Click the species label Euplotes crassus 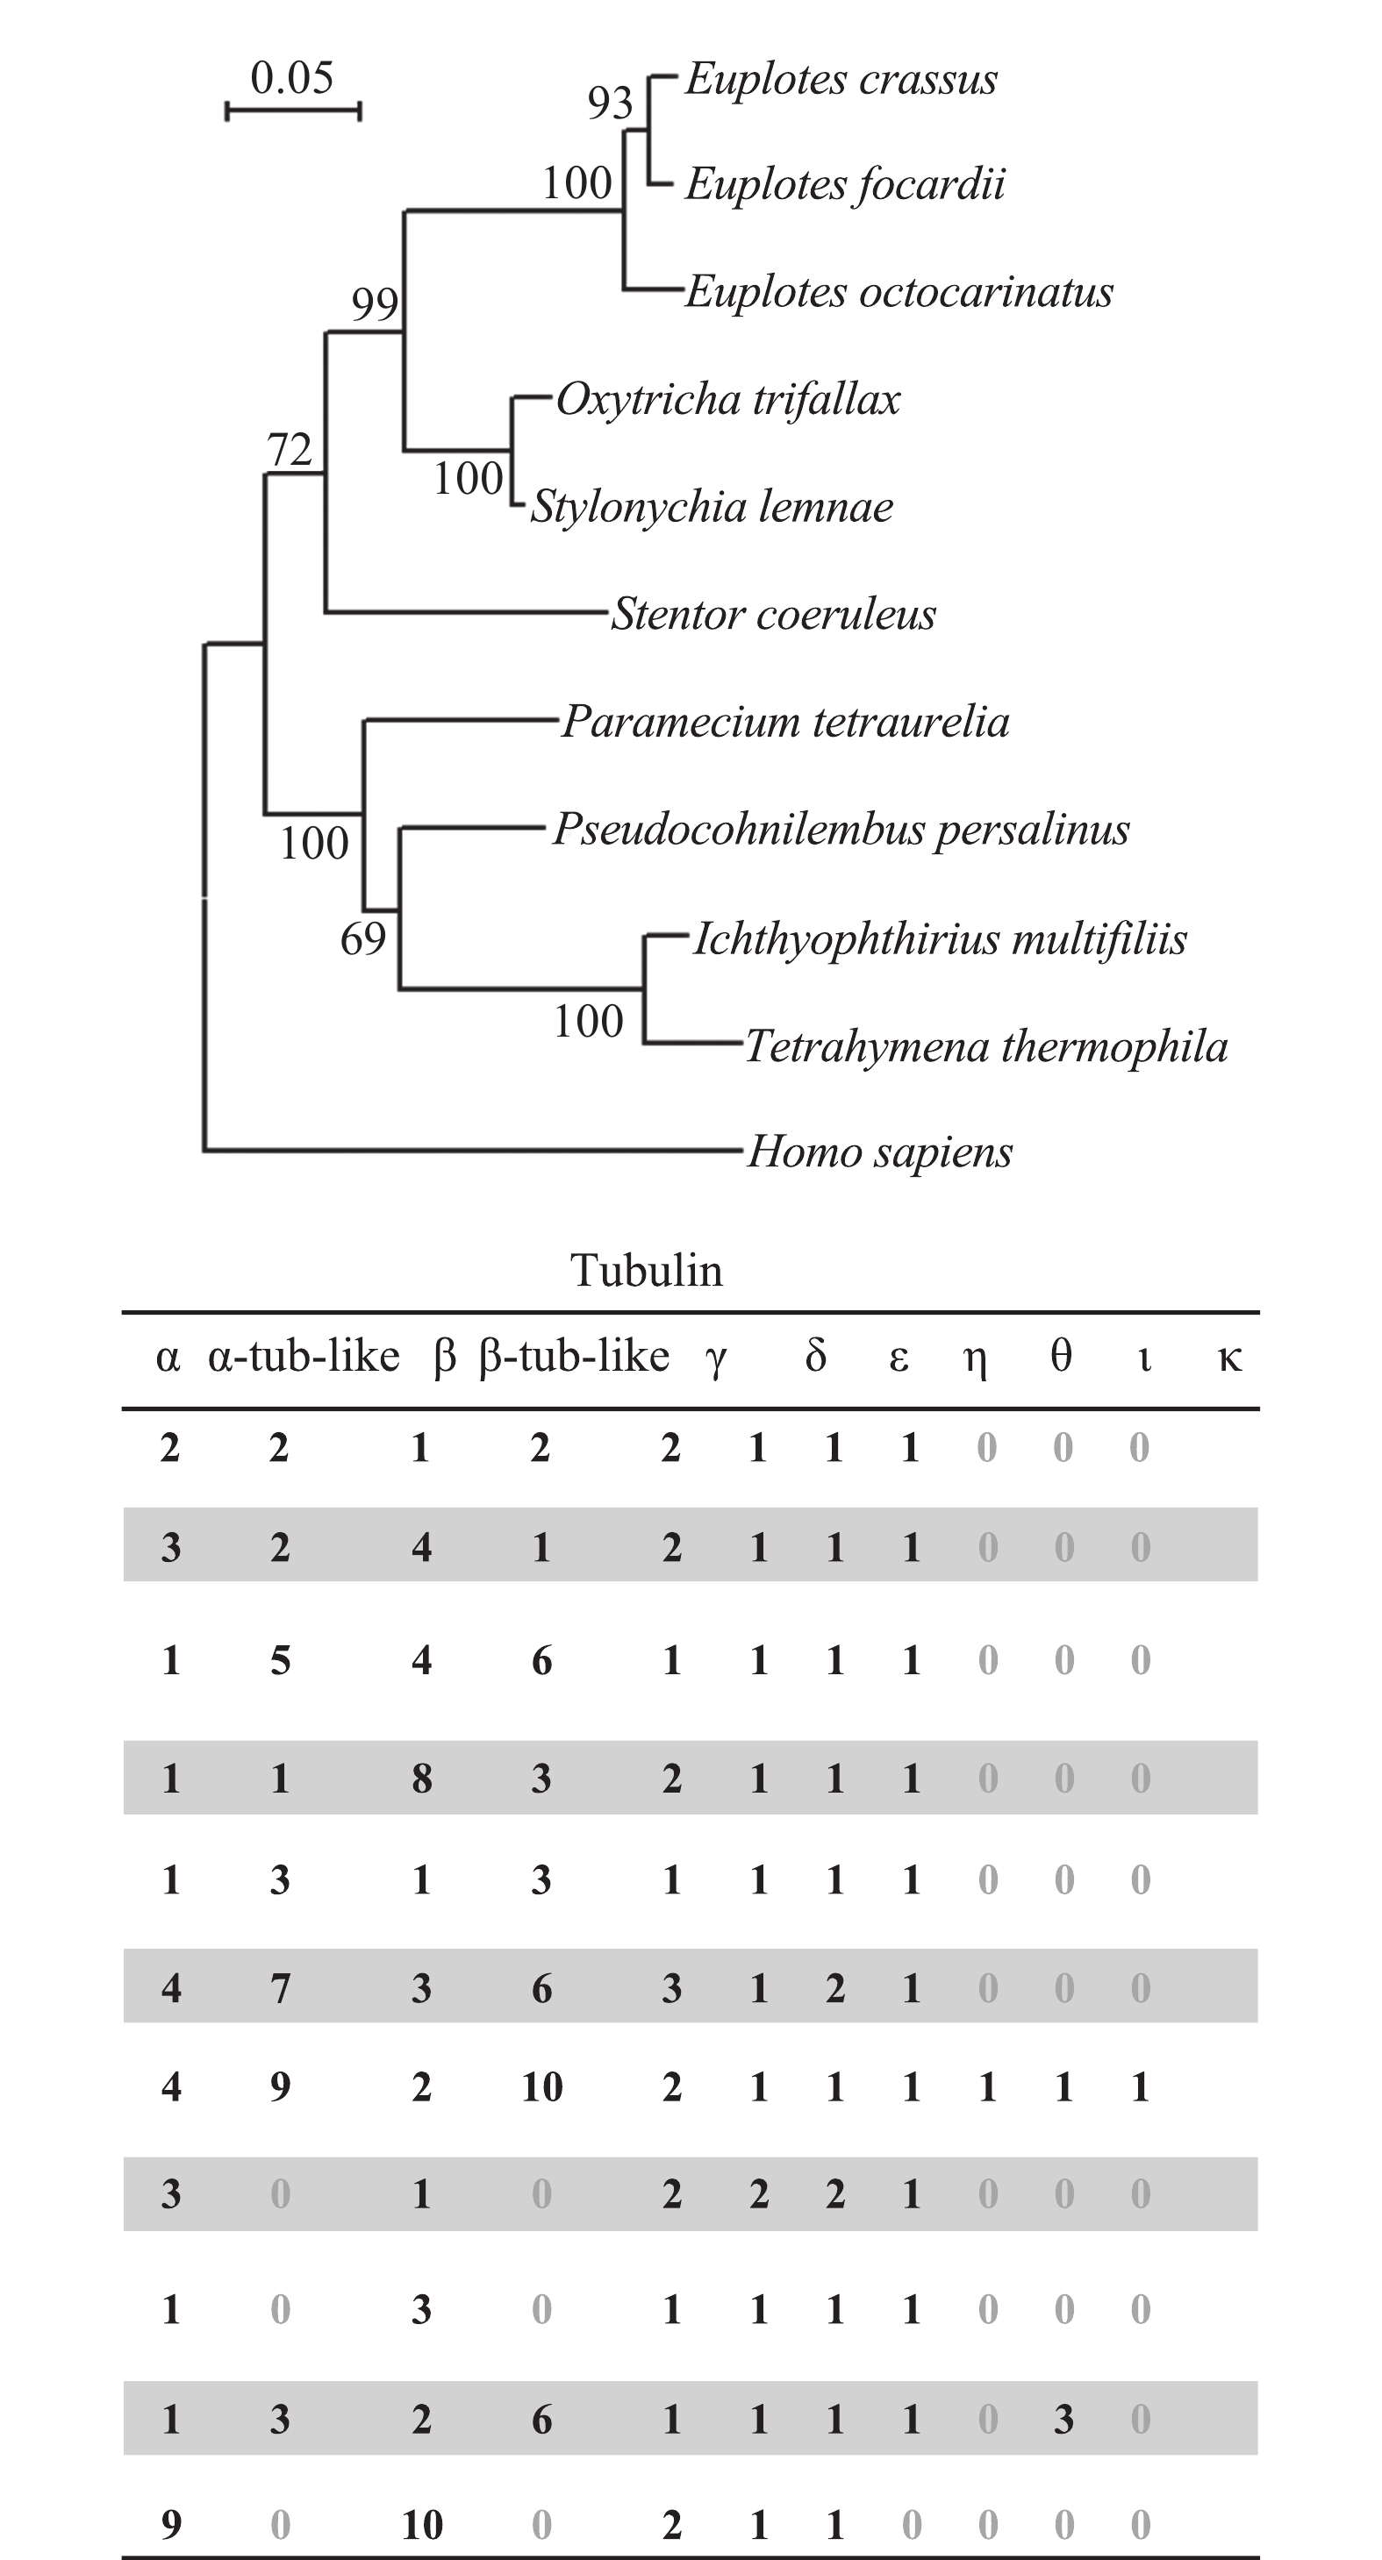coord(841,81)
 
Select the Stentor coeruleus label coord(774,614)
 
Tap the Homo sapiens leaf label coord(880,1152)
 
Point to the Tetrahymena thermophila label coord(986,1046)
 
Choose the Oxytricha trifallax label coord(727,401)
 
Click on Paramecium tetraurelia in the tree coord(785,723)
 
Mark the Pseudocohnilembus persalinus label coord(841,830)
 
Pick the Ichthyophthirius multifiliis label coord(940,939)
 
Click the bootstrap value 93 coord(610,103)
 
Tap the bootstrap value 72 coord(290,450)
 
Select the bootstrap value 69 coord(363,939)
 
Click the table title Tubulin coord(647,1271)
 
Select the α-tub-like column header coord(304,1357)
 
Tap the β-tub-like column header coord(574,1357)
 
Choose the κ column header coord(1230,1358)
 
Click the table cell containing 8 coord(421,1778)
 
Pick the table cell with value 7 coord(281,1987)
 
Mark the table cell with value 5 coord(281,1660)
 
